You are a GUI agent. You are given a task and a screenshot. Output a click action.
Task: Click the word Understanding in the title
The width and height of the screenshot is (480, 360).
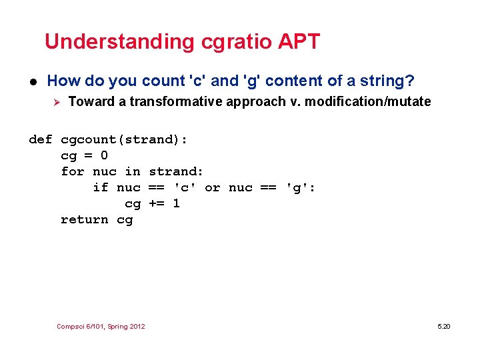pos(119,42)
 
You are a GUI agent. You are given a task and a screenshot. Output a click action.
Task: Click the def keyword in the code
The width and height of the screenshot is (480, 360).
pos(41,140)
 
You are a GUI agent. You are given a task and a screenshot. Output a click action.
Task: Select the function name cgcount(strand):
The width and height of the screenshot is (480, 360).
pos(124,140)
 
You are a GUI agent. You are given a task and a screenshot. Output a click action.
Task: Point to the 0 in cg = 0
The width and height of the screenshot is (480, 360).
pos(104,156)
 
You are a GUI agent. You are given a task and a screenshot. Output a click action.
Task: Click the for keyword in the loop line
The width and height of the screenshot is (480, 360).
pos(73,172)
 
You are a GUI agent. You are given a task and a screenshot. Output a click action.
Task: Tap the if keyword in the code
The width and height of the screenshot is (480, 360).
pos(101,188)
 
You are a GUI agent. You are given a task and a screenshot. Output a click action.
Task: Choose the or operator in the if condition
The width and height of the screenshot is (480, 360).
pos(213,188)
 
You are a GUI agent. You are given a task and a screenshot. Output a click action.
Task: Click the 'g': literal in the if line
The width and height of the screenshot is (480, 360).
pos(301,188)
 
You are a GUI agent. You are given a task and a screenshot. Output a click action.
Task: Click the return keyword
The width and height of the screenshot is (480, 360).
pos(84,220)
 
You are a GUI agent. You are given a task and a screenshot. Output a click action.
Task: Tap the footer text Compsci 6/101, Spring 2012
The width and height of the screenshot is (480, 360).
pos(101,327)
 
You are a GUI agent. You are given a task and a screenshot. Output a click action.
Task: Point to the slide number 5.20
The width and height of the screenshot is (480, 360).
pos(444,327)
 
